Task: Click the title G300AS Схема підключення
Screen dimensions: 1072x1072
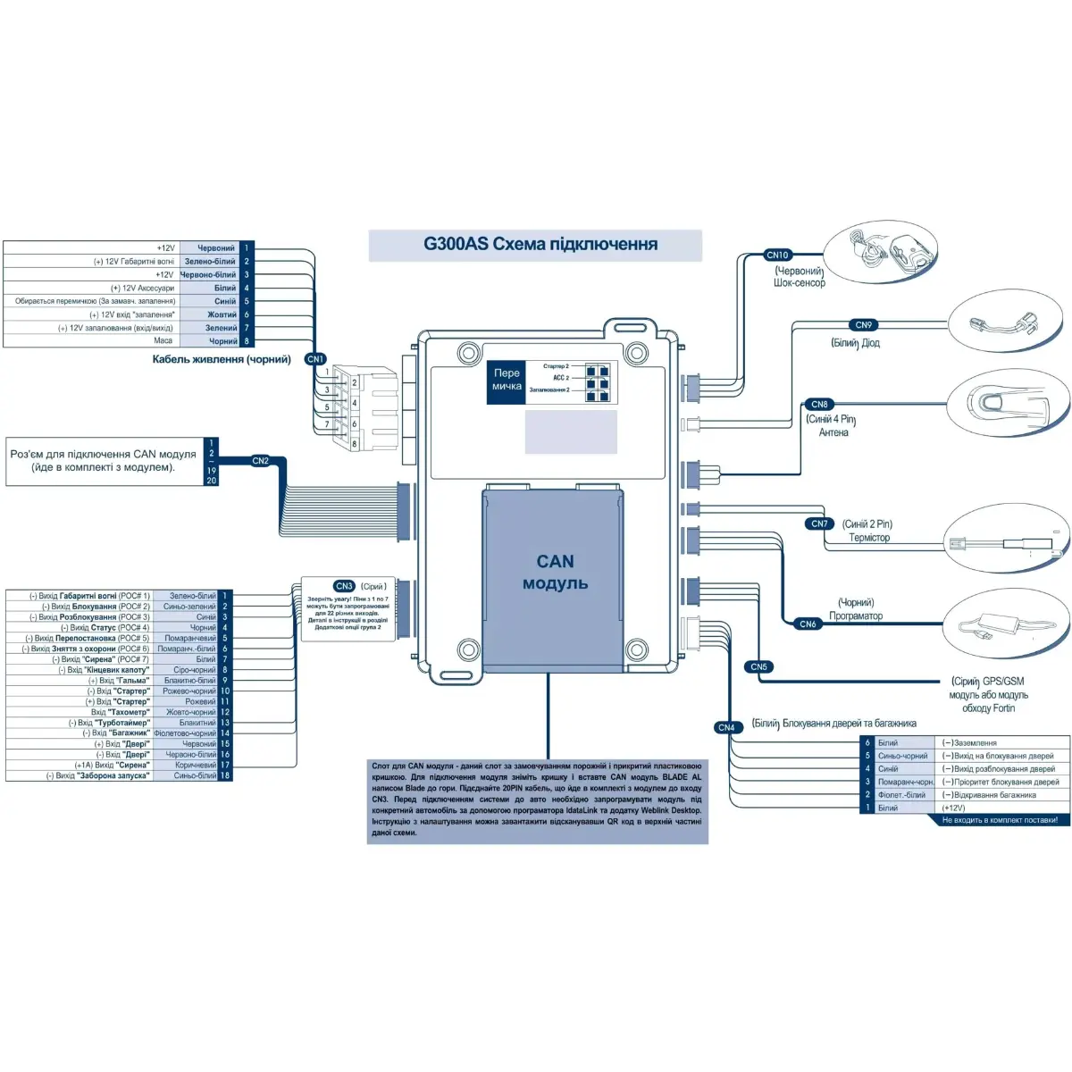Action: tap(540, 245)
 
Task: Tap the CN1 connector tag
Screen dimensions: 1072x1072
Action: tap(315, 359)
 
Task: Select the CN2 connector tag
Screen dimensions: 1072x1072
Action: tap(260, 462)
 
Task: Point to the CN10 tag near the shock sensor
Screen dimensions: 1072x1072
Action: tap(778, 255)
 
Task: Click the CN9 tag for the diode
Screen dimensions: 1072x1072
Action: tap(863, 325)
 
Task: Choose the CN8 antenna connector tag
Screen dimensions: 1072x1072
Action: tap(819, 405)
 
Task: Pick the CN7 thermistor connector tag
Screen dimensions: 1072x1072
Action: tap(819, 524)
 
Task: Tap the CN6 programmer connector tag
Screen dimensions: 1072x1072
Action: tap(808, 624)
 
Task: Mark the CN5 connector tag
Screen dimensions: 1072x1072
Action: tap(758, 667)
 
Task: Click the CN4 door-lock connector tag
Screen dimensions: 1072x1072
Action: tap(726, 728)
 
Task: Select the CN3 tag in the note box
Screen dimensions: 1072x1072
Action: tap(344, 587)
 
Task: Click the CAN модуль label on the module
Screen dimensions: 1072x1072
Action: tap(555, 573)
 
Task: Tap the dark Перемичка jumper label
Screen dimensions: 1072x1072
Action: tap(507, 381)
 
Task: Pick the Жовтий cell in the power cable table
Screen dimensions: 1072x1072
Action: tap(222, 314)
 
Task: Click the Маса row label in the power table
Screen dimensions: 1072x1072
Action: tap(163, 340)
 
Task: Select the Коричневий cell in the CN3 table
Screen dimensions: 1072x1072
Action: tap(196, 766)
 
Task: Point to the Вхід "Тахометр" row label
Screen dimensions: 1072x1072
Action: tap(120, 713)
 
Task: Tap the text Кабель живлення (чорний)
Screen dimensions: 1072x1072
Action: tap(222, 360)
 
